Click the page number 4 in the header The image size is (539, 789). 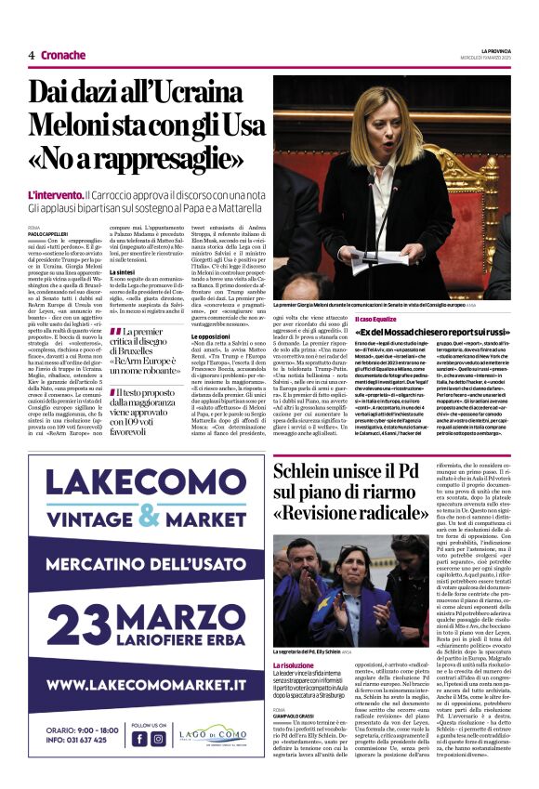click(x=32, y=55)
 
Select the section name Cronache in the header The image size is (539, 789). click(x=63, y=55)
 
